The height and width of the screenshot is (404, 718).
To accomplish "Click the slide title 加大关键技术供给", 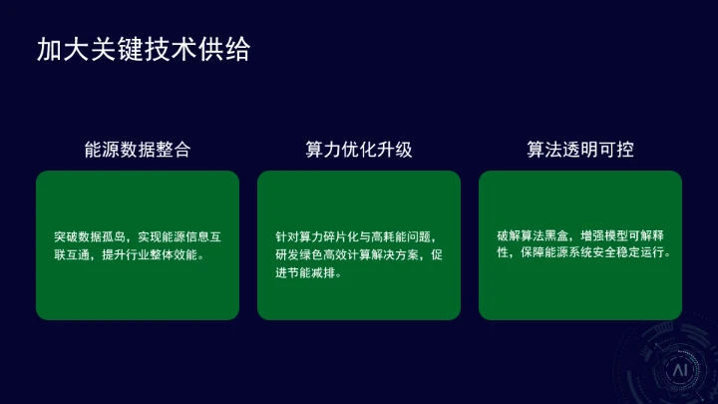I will [x=143, y=50].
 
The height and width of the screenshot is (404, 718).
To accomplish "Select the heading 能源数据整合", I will [x=137, y=150].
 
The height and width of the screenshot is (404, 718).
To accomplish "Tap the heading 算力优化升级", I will [x=358, y=150].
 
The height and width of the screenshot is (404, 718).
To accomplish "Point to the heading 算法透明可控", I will [x=579, y=150].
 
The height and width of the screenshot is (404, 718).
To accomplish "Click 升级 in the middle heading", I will [x=394, y=150].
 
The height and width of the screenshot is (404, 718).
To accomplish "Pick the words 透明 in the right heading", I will [x=579, y=150].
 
